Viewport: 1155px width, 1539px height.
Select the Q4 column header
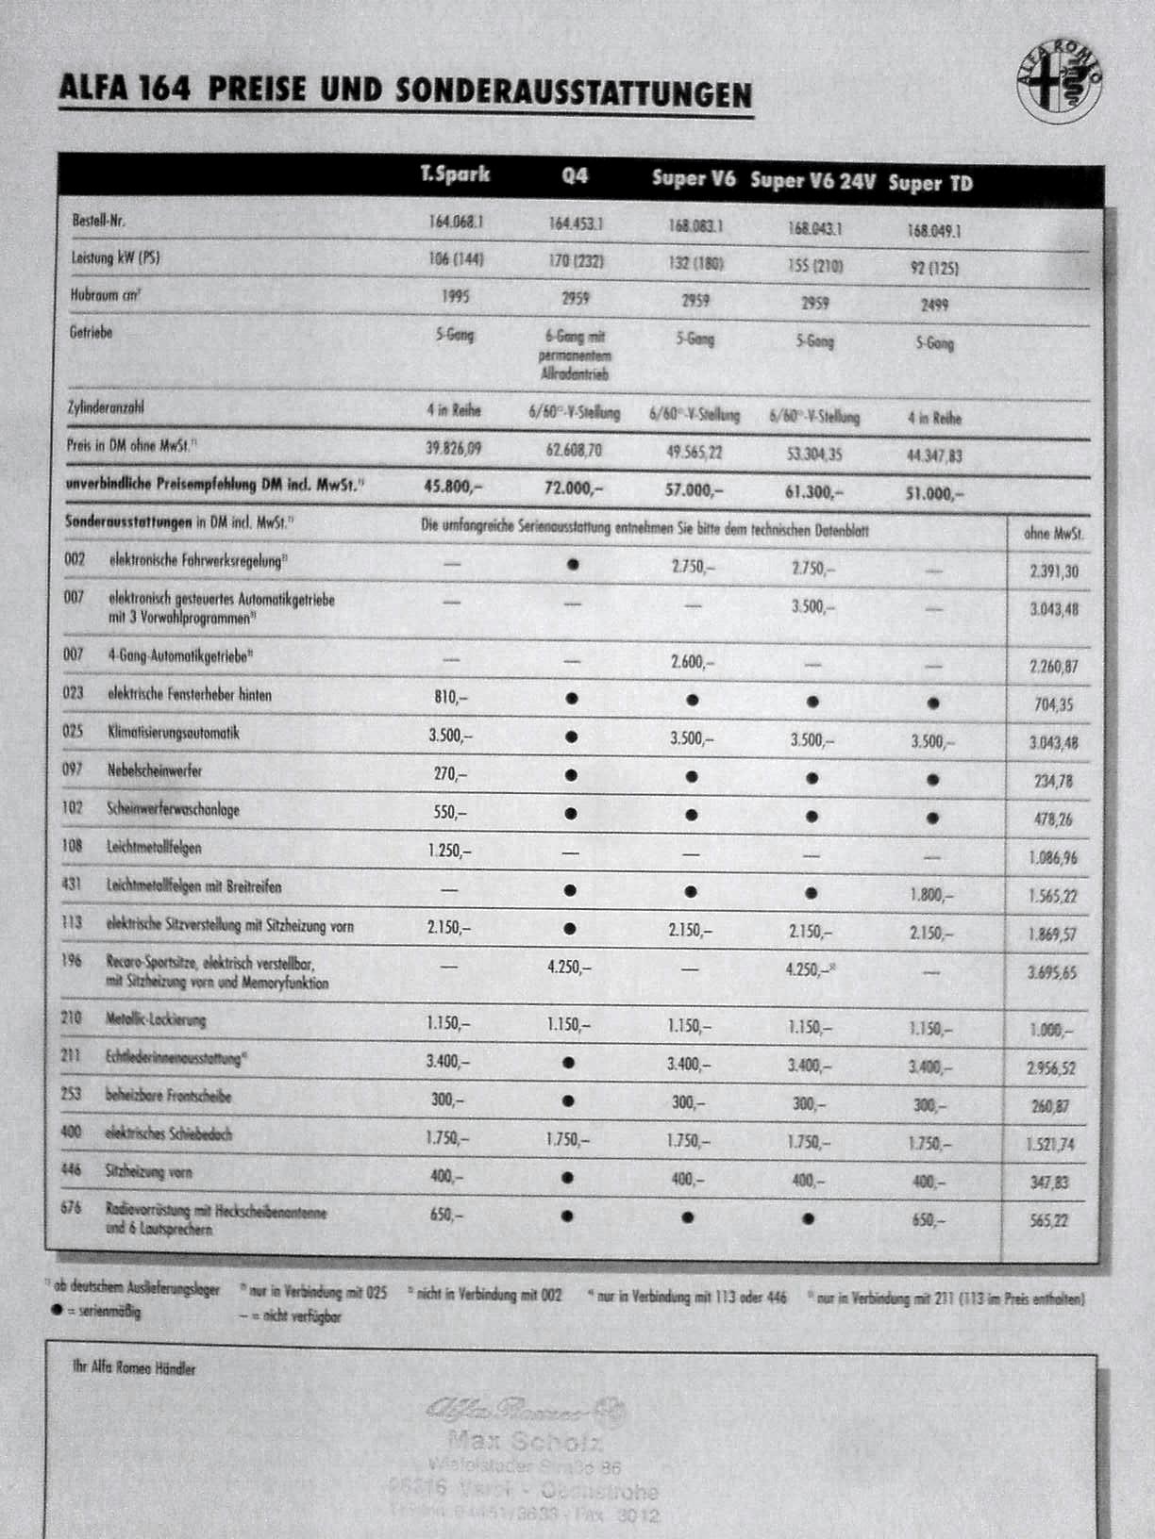[x=574, y=176]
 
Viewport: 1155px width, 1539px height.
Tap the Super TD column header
[x=930, y=183]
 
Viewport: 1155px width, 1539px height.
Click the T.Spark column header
[x=455, y=174]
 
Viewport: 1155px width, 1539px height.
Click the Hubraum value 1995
[x=455, y=296]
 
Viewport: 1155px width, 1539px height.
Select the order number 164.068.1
[x=456, y=222]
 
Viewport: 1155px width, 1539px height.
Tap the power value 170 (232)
[x=576, y=260]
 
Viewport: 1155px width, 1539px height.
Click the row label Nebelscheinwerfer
[x=155, y=770]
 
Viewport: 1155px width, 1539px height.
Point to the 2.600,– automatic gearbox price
[x=693, y=662]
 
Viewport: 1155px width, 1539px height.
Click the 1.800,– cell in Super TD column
[x=930, y=894]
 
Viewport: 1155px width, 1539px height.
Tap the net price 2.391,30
[x=1053, y=571]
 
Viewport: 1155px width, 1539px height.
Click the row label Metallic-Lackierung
[x=156, y=1019]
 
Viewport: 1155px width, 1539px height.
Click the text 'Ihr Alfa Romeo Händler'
[x=135, y=1367]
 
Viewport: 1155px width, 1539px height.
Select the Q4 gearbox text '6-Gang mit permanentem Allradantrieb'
[x=574, y=355]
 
